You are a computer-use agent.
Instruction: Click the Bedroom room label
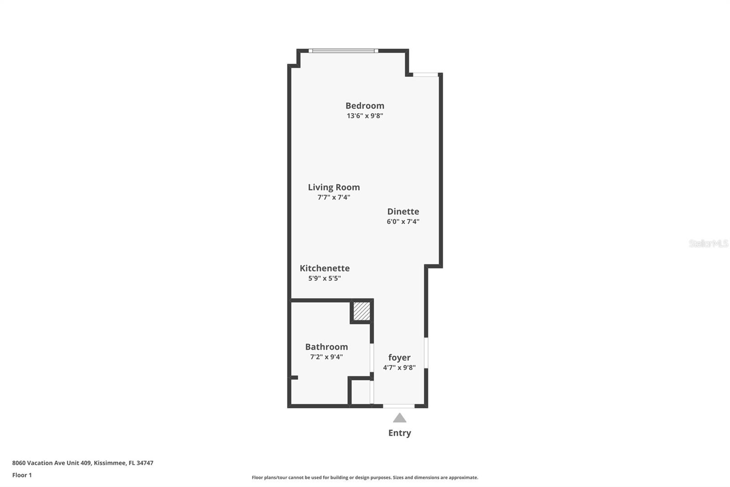click(x=365, y=106)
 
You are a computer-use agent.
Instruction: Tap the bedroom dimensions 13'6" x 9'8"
click(x=365, y=116)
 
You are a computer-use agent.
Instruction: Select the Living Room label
click(x=334, y=187)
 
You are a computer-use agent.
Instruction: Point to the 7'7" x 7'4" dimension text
click(x=334, y=197)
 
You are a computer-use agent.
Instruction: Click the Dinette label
click(x=403, y=212)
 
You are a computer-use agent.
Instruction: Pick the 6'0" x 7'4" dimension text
click(x=403, y=221)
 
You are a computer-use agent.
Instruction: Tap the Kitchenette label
click(x=324, y=268)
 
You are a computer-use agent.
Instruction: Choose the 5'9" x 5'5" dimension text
click(x=324, y=278)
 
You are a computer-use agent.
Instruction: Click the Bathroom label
click(x=327, y=347)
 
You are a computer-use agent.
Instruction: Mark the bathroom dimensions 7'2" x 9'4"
click(x=327, y=357)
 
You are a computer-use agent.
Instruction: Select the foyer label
click(x=399, y=357)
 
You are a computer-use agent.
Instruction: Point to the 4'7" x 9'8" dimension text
click(x=399, y=368)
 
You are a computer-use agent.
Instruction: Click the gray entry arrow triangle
click(x=400, y=418)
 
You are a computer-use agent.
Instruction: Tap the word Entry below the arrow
click(x=400, y=433)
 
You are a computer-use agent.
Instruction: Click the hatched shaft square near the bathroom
click(x=362, y=312)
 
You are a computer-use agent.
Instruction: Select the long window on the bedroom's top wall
click(x=344, y=51)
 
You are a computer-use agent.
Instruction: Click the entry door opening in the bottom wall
click(x=399, y=406)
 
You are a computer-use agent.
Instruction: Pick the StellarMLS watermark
click(x=709, y=243)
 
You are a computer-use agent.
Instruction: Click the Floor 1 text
click(x=22, y=475)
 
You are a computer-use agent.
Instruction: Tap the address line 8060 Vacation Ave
click(x=83, y=463)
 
